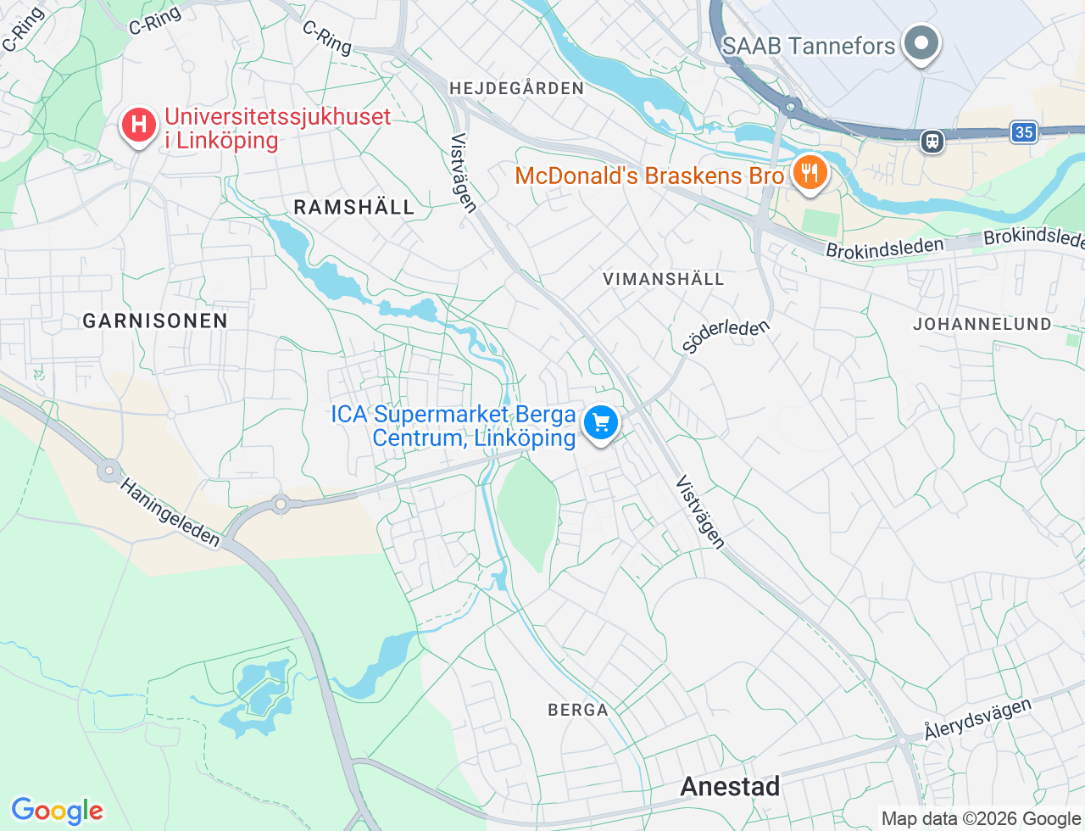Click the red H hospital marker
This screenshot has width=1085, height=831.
138,125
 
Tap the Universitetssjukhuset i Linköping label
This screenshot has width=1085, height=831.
277,128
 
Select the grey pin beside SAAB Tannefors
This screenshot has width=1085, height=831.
921,42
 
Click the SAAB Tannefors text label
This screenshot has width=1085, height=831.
808,46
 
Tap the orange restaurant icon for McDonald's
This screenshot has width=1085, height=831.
810,173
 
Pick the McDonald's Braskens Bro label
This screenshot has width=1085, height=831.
649,176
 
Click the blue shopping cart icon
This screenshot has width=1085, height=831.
601,421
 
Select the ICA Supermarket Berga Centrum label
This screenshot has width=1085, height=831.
454,426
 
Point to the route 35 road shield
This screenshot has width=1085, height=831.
1024,131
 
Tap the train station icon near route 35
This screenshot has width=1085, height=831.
932,141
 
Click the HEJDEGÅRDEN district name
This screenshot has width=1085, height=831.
516,88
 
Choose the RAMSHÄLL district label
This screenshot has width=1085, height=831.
353,207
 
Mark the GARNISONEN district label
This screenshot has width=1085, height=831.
155,321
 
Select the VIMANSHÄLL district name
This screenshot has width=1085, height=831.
663,279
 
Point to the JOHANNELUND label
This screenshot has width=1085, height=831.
982,324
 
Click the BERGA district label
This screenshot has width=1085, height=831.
578,710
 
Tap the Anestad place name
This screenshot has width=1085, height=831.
730,786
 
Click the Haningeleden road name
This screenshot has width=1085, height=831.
170,512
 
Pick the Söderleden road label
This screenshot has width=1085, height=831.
726,335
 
